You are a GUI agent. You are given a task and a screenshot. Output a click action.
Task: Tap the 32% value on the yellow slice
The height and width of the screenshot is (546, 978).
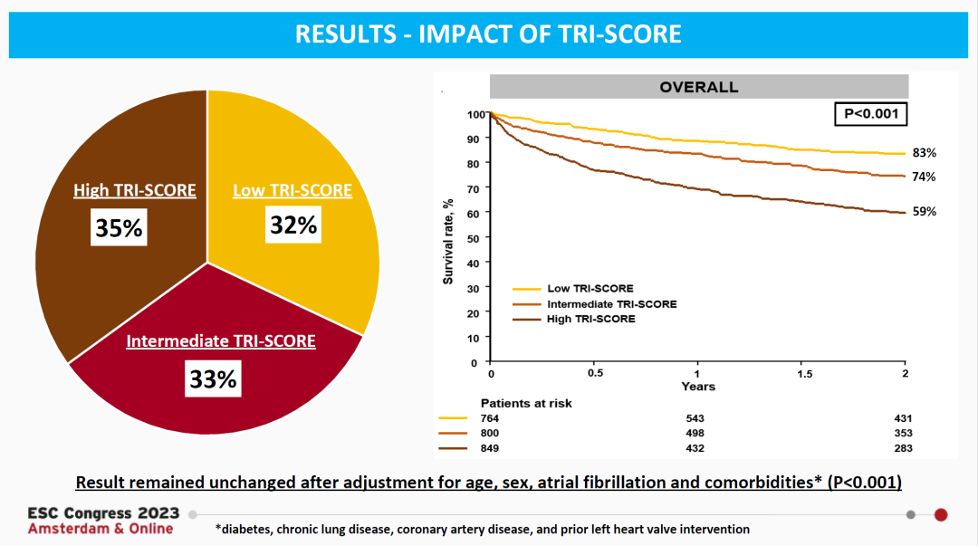(293, 224)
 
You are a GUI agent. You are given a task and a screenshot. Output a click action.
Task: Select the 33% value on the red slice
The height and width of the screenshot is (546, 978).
(214, 378)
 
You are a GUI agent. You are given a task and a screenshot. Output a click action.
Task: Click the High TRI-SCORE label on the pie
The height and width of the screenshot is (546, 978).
(135, 190)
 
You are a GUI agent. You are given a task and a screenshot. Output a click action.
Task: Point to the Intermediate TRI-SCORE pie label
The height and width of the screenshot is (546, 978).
(221, 341)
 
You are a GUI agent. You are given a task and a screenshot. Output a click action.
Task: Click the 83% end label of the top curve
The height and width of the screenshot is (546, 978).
(924, 153)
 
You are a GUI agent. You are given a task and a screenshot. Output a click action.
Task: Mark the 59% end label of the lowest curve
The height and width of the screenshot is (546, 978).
(924, 212)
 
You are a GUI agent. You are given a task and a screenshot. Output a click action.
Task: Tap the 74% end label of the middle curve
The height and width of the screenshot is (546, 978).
(924, 177)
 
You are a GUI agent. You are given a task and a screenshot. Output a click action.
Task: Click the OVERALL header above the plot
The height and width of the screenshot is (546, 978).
(698, 88)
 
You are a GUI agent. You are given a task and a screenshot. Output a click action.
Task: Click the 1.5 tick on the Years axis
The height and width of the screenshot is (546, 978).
(801, 373)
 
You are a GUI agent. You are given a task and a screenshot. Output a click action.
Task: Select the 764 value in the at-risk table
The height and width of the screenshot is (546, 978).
(490, 418)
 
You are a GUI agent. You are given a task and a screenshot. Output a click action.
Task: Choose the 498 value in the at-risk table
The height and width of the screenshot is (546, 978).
(695, 434)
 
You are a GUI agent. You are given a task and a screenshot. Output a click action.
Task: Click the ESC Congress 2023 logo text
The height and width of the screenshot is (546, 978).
(103, 513)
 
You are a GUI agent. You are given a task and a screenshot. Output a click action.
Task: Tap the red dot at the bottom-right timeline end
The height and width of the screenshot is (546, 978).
(941, 514)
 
